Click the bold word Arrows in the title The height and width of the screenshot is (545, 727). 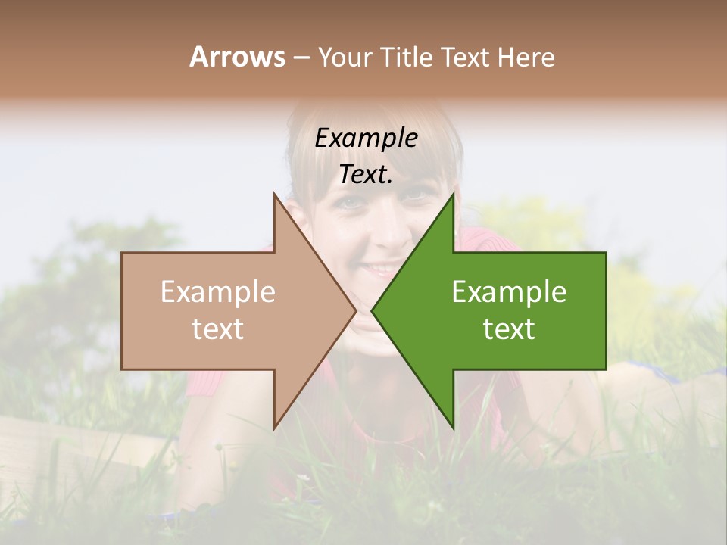tap(237, 57)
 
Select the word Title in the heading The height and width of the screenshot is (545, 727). tap(406, 58)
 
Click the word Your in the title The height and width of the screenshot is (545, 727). tap(345, 58)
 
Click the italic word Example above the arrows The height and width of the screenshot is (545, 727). tap(367, 139)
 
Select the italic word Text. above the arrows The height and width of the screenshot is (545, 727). tap(367, 174)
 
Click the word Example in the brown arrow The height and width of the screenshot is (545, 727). tap(218, 292)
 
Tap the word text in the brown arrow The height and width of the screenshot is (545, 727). tap(218, 329)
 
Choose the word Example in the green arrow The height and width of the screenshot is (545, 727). tap(509, 292)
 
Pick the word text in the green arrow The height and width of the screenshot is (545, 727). tap(509, 329)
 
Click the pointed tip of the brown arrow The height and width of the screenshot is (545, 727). tap(356, 310)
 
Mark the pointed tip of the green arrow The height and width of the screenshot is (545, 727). tap(372, 310)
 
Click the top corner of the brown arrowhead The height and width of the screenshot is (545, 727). tap(274, 194)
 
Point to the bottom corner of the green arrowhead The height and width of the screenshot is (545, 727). tap(454, 428)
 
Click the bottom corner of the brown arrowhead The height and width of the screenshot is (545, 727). tap(274, 428)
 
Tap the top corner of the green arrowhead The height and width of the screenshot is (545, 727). tap(454, 194)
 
